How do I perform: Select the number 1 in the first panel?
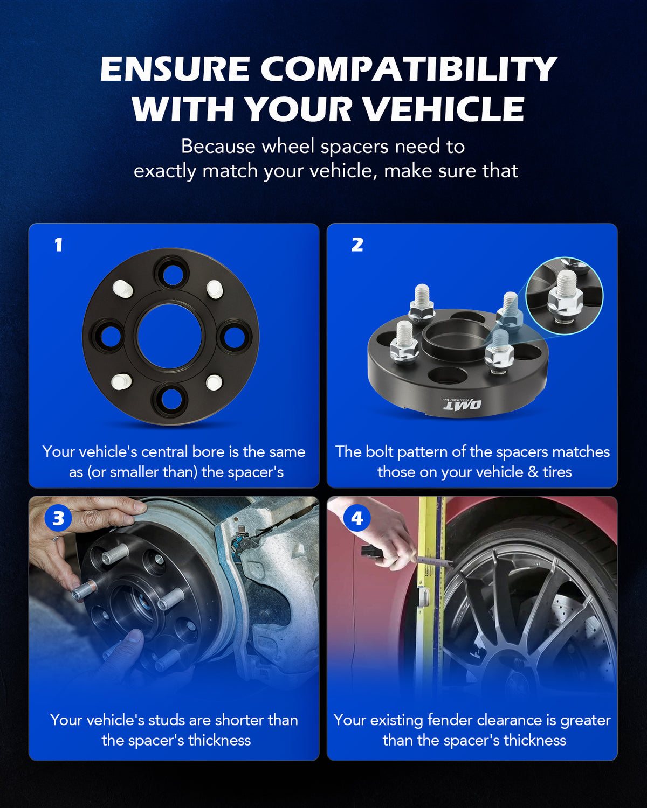coord(58,245)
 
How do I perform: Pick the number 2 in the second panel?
coord(357,245)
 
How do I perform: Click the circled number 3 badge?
coord(58,518)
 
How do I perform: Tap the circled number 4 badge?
coord(357,518)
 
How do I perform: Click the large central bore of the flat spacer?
coord(169,336)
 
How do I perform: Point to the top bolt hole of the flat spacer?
coord(173,275)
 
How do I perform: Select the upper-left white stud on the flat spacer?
coord(122,289)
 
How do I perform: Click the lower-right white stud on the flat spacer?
coord(214,382)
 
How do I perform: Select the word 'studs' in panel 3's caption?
coord(167,720)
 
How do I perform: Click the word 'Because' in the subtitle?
coord(218,146)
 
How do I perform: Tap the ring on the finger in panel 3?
coord(55,539)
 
